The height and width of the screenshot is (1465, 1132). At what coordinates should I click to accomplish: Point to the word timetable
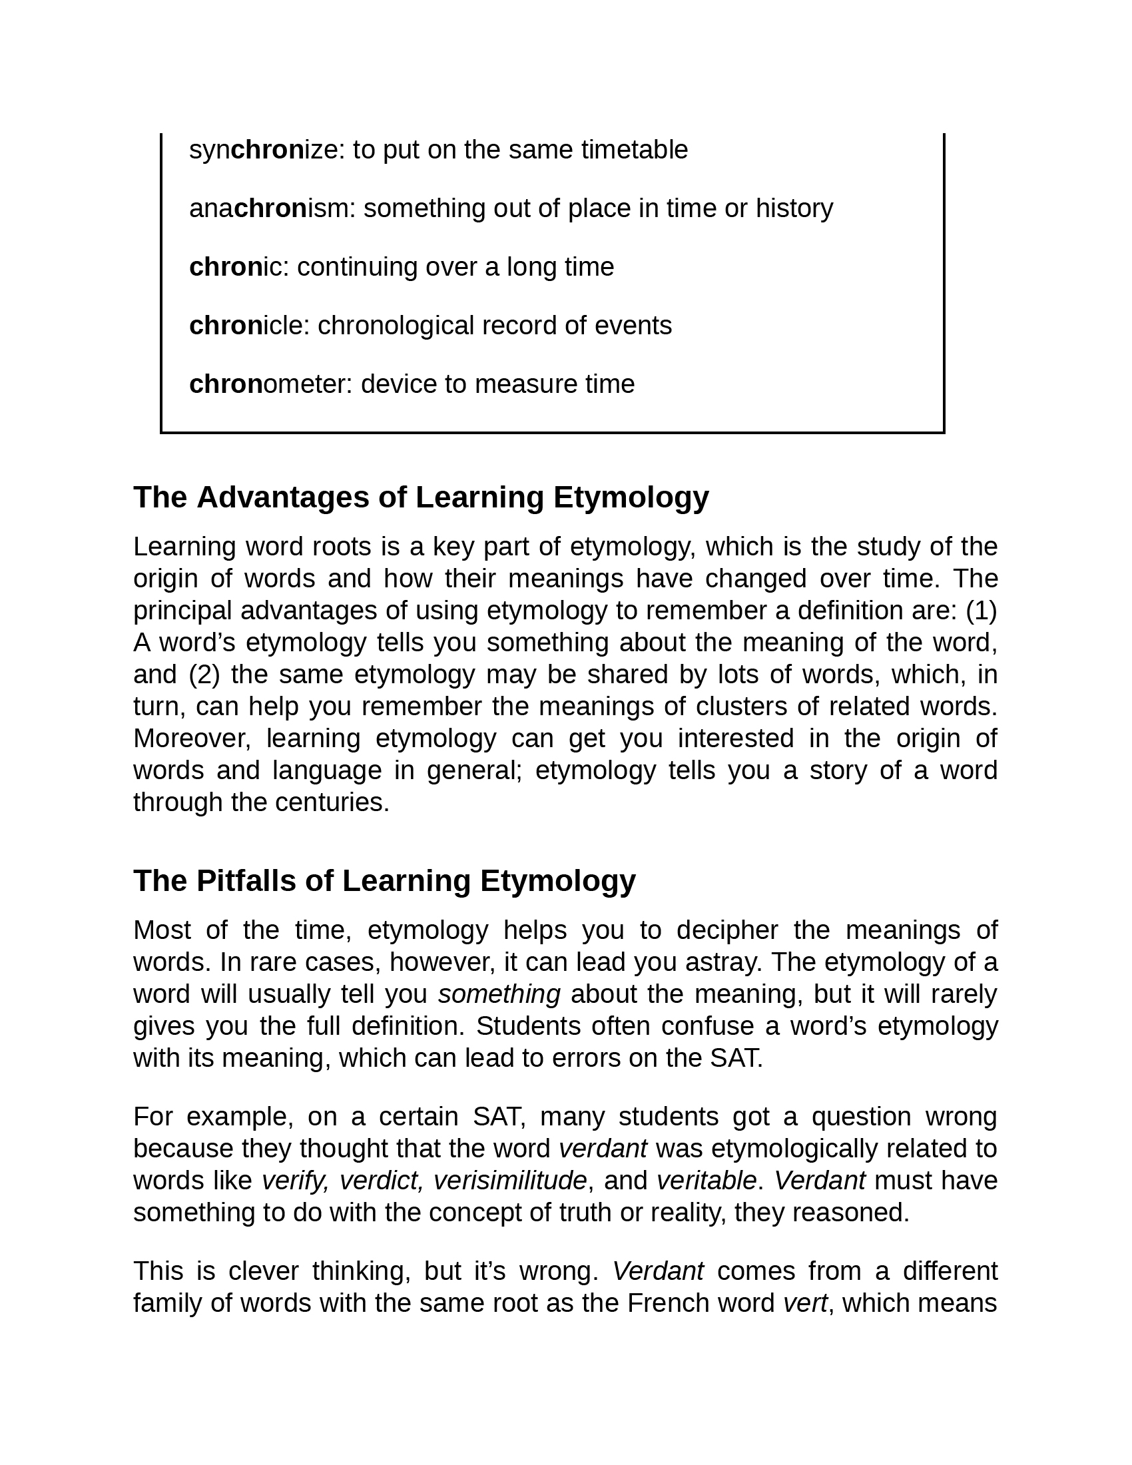pyautogui.click(x=634, y=150)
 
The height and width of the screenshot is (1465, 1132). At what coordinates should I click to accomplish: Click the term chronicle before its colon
pyautogui.click(x=246, y=326)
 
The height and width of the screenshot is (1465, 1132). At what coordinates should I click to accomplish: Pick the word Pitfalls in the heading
pyautogui.click(x=246, y=881)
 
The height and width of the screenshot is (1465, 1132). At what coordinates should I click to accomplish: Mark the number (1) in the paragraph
pyautogui.click(x=981, y=611)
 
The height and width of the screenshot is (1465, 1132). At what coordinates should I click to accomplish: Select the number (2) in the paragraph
pyautogui.click(x=204, y=675)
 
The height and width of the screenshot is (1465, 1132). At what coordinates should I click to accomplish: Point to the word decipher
pyautogui.click(x=727, y=930)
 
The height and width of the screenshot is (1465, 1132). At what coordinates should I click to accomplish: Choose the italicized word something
pyautogui.click(x=499, y=994)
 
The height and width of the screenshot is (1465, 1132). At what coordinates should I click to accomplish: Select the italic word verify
pyautogui.click(x=295, y=1181)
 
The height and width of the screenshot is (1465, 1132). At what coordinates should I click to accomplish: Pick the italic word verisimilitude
pyautogui.click(x=509, y=1181)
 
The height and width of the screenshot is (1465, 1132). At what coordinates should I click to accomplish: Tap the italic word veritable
pyautogui.click(x=707, y=1181)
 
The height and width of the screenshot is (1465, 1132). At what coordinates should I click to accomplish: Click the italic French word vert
pyautogui.click(x=806, y=1303)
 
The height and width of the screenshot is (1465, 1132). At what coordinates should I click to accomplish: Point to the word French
pyautogui.click(x=668, y=1303)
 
